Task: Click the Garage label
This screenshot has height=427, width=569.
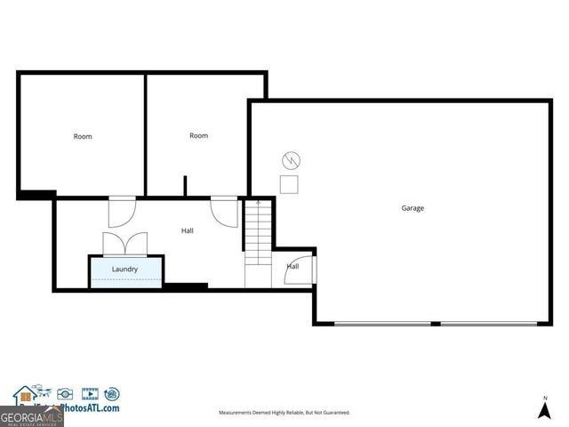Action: (x=412, y=208)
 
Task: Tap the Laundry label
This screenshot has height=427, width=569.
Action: (x=124, y=268)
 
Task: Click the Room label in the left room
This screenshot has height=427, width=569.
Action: (x=83, y=136)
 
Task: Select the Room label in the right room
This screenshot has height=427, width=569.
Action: (x=198, y=135)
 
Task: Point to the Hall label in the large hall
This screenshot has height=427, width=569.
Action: (x=188, y=230)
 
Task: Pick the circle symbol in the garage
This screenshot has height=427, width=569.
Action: (x=291, y=161)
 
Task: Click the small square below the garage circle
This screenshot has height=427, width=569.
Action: (x=290, y=184)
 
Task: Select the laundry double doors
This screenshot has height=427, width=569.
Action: (x=124, y=244)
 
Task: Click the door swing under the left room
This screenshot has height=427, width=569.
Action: (x=120, y=212)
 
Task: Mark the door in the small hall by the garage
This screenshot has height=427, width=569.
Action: (x=293, y=271)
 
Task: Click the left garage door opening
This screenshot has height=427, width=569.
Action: (x=374, y=323)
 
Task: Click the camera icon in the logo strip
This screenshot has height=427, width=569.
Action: (x=65, y=393)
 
